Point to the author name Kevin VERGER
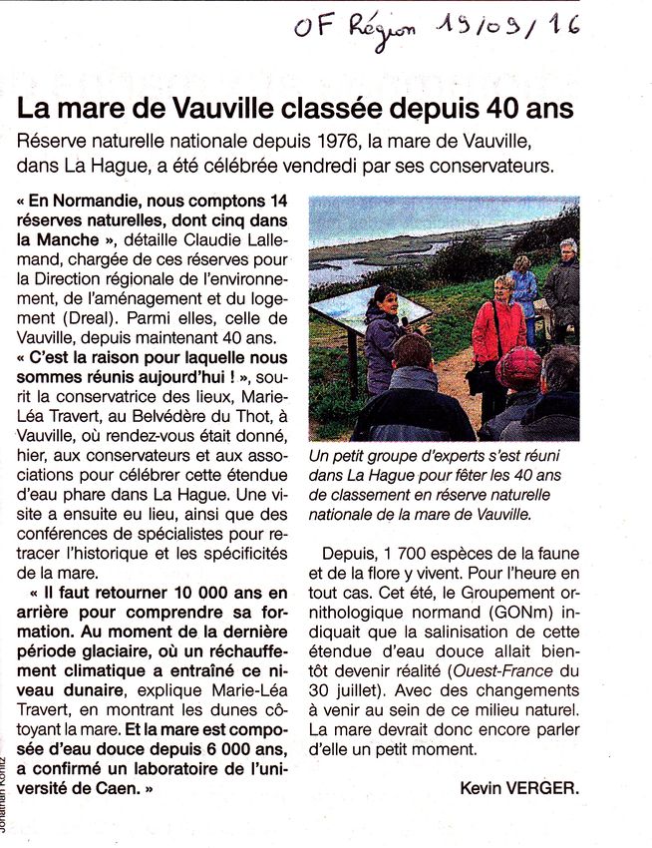[x=518, y=788]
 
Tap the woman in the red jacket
[x=497, y=329]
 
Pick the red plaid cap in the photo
[x=518, y=366]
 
